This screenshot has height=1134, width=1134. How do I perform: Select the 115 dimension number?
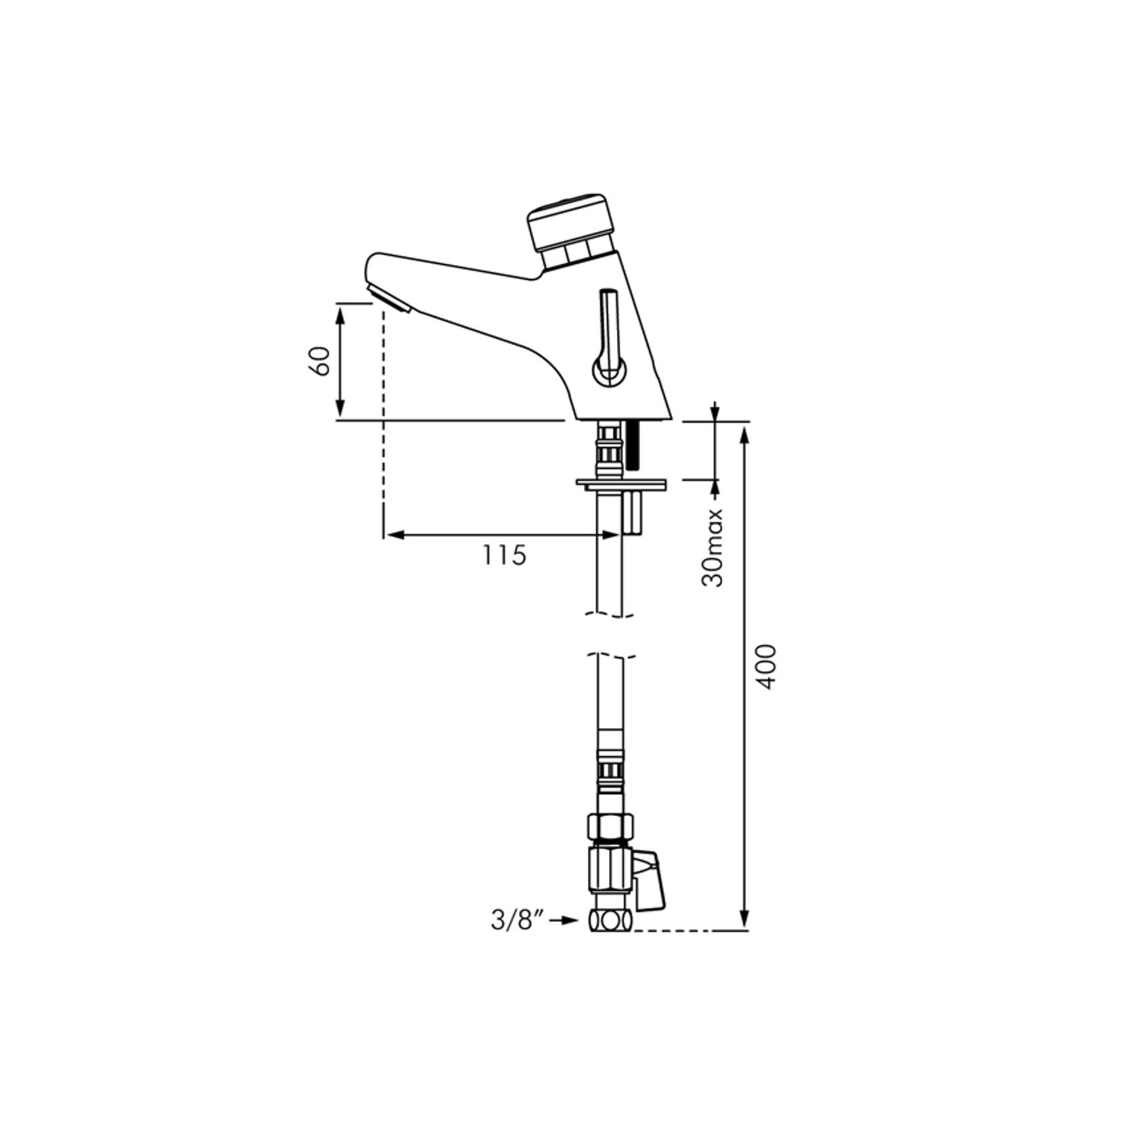[x=504, y=555]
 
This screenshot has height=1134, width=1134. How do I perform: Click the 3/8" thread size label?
[x=518, y=921]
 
